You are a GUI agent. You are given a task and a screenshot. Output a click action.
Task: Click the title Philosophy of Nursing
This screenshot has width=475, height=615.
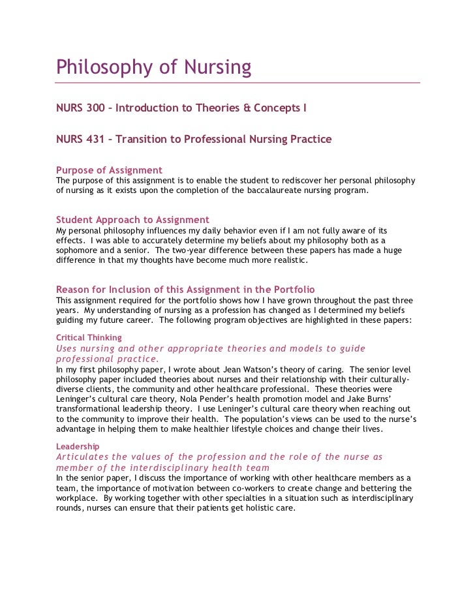[x=153, y=67]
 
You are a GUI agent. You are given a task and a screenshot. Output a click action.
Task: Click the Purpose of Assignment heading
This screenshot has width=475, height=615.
[x=109, y=170]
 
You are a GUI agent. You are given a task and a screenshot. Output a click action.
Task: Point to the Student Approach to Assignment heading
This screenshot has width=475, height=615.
[x=132, y=220]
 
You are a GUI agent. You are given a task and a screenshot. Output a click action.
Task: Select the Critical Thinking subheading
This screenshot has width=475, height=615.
[x=89, y=338]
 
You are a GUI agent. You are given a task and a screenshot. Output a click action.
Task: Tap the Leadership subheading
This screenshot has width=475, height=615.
[x=78, y=446]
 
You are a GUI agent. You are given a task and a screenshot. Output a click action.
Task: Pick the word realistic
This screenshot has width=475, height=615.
[x=284, y=261]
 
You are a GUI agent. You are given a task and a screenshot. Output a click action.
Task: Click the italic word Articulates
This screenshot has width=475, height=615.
[x=83, y=457]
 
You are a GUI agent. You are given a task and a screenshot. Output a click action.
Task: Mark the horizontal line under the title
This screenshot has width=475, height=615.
[x=237, y=83]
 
